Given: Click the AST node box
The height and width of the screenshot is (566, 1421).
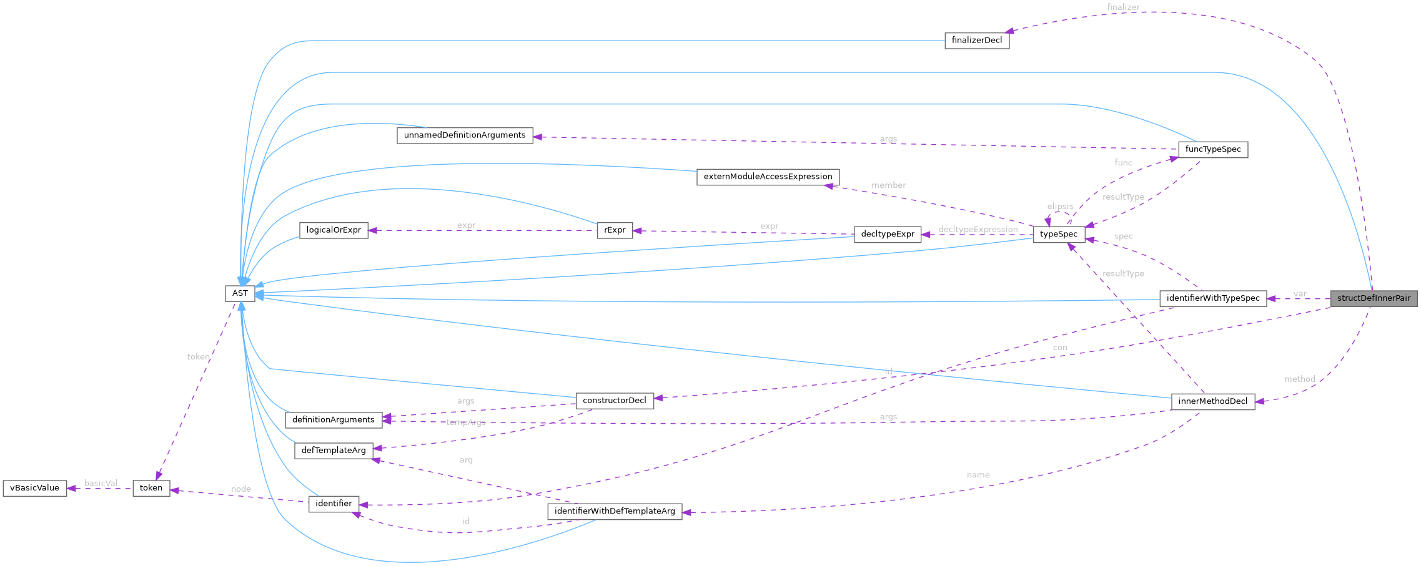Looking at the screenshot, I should coord(240,293).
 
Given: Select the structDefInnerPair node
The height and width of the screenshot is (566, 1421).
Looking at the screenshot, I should coord(1374,298).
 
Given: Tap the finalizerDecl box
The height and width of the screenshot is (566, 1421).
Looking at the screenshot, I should coord(976,41).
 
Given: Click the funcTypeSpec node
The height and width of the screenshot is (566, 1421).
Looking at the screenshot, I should coord(1212,150).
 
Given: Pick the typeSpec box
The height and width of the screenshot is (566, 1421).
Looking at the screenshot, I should coord(1059,235).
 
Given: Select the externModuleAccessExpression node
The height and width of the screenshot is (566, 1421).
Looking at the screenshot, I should coord(768,177).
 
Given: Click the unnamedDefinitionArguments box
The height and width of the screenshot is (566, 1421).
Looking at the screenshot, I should coord(465,135).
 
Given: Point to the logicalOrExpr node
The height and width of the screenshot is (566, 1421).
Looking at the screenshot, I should coord(334,230).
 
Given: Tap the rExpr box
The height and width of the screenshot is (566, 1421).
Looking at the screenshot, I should coord(615,230).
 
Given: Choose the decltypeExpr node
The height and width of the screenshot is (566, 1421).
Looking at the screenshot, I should coord(887,235).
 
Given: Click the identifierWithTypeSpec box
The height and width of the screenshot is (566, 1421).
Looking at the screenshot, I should coord(1212,298).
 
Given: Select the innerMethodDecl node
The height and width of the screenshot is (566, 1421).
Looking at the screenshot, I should coord(1212,401).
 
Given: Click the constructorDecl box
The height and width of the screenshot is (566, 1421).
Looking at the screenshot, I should coord(615,401).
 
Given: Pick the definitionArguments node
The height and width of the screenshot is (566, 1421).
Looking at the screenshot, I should coord(334,420).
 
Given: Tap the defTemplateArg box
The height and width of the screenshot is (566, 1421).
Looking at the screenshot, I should coord(334,451).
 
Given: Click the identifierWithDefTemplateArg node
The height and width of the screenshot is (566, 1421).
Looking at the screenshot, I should coord(615,511).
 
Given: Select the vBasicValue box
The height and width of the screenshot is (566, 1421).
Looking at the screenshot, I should coord(34,488).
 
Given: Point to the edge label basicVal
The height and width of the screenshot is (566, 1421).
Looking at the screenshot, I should coord(101,483).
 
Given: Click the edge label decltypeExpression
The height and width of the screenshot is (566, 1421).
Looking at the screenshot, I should coord(978,230).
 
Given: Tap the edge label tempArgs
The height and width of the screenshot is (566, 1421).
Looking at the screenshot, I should coord(466,422).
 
